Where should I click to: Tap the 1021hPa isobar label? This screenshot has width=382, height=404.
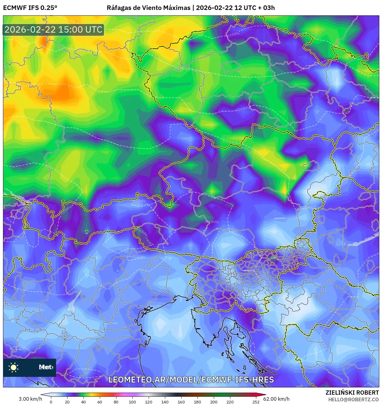point(139,257)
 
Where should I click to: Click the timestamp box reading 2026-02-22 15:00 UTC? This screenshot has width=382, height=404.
point(53,30)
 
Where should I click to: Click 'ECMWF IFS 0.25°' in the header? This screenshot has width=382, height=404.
point(30,8)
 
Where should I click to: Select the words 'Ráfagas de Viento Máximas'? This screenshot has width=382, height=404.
point(149,8)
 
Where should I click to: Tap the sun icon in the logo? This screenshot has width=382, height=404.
point(14,367)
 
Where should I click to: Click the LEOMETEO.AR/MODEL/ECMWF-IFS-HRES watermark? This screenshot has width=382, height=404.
point(191,380)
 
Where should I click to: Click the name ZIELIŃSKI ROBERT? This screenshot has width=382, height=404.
point(352,393)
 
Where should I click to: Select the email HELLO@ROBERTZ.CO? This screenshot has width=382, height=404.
point(353,399)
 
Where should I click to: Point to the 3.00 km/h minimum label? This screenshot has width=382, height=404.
point(30,399)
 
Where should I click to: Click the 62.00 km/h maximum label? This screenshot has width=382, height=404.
point(276,399)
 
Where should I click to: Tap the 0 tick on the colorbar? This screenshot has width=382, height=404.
point(51,402)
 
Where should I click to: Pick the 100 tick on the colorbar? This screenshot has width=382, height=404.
point(132,402)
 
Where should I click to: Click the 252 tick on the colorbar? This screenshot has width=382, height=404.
point(256,402)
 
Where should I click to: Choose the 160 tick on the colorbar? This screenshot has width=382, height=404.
point(181,402)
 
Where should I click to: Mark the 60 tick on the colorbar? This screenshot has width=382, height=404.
point(99,402)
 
